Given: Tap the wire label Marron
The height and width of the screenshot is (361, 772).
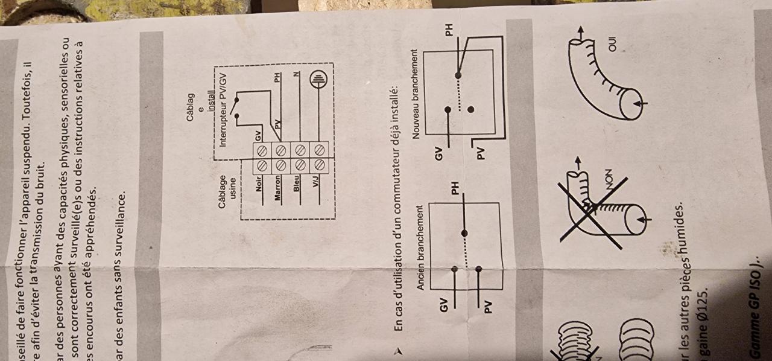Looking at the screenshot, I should [x=279, y=189].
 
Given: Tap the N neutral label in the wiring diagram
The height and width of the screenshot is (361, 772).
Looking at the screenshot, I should [x=296, y=75].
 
